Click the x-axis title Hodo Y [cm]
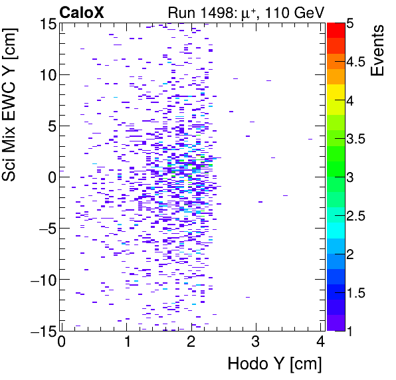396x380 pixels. tap(274, 364)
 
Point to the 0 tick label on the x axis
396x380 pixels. tap(61, 343)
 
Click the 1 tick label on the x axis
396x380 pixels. tap(126, 343)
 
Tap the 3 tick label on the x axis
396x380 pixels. tap(255, 343)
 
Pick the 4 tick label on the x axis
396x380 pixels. tap(320, 343)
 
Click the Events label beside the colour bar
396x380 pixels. tap(377, 50)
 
